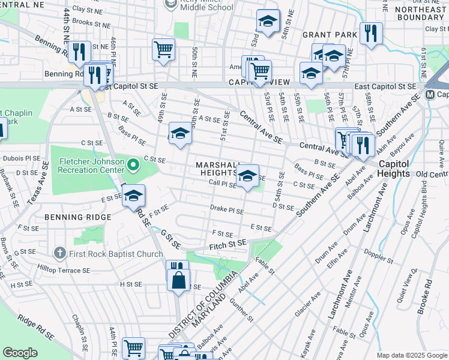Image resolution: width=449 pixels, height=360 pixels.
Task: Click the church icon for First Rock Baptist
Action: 59,254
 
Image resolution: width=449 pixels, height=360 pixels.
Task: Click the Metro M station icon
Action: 430,95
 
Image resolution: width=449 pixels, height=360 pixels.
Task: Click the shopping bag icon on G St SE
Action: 178,280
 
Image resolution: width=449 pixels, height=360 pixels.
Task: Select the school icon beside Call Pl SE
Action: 247,175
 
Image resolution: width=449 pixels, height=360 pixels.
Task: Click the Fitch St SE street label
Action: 228,244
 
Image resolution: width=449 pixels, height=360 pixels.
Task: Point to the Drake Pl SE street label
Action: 227,211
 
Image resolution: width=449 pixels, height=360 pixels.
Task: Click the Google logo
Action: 20,353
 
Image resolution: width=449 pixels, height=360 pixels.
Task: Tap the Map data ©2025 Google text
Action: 411,355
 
